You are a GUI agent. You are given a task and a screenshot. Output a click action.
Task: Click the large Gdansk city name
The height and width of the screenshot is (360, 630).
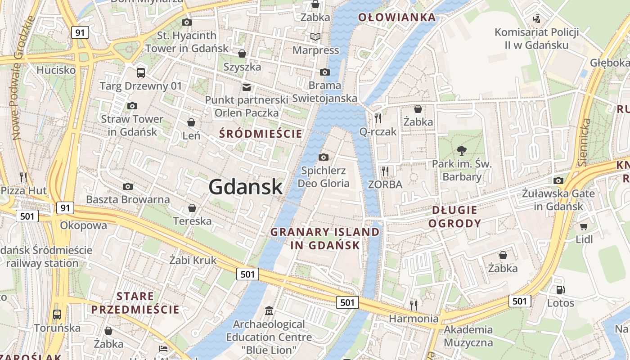[246, 187]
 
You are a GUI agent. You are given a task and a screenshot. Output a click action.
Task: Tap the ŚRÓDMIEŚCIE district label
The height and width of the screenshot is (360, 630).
[261, 134]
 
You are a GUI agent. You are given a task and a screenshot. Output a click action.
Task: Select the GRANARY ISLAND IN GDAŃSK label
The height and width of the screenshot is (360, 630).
[324, 238]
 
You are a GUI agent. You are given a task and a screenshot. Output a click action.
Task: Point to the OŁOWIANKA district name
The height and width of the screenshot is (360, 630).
[397, 18]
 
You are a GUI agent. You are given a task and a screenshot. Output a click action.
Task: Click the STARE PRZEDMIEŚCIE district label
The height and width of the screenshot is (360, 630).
[135, 303]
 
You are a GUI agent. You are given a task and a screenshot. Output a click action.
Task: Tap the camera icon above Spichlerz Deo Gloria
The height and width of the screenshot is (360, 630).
[323, 157]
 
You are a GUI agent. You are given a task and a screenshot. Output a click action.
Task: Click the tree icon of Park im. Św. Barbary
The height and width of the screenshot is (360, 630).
[461, 150]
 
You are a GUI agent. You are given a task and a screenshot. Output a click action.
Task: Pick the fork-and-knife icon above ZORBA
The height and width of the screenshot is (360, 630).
[385, 171]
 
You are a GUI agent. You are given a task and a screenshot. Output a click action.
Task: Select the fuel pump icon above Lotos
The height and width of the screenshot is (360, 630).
[560, 290]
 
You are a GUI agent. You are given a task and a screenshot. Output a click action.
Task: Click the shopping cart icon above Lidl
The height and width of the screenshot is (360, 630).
[584, 226]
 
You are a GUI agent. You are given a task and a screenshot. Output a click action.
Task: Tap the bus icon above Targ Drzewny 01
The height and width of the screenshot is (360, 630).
[141, 72]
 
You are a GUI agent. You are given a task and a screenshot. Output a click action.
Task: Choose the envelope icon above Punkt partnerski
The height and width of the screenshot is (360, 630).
[246, 87]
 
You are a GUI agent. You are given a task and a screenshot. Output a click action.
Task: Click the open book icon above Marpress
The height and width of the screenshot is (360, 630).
[315, 36]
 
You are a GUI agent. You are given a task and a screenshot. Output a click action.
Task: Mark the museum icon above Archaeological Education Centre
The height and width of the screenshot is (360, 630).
[269, 311]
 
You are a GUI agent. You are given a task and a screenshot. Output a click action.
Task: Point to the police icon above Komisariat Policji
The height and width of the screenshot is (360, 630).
[536, 18]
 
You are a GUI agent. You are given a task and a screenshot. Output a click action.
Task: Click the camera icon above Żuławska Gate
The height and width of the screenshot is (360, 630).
[558, 181]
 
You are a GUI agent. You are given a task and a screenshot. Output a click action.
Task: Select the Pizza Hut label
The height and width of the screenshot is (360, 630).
[23, 191]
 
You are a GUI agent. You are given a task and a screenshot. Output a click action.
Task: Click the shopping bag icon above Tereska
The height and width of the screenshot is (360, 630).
[192, 208]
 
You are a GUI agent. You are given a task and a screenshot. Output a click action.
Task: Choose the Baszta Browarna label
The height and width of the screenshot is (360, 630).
[128, 199]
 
